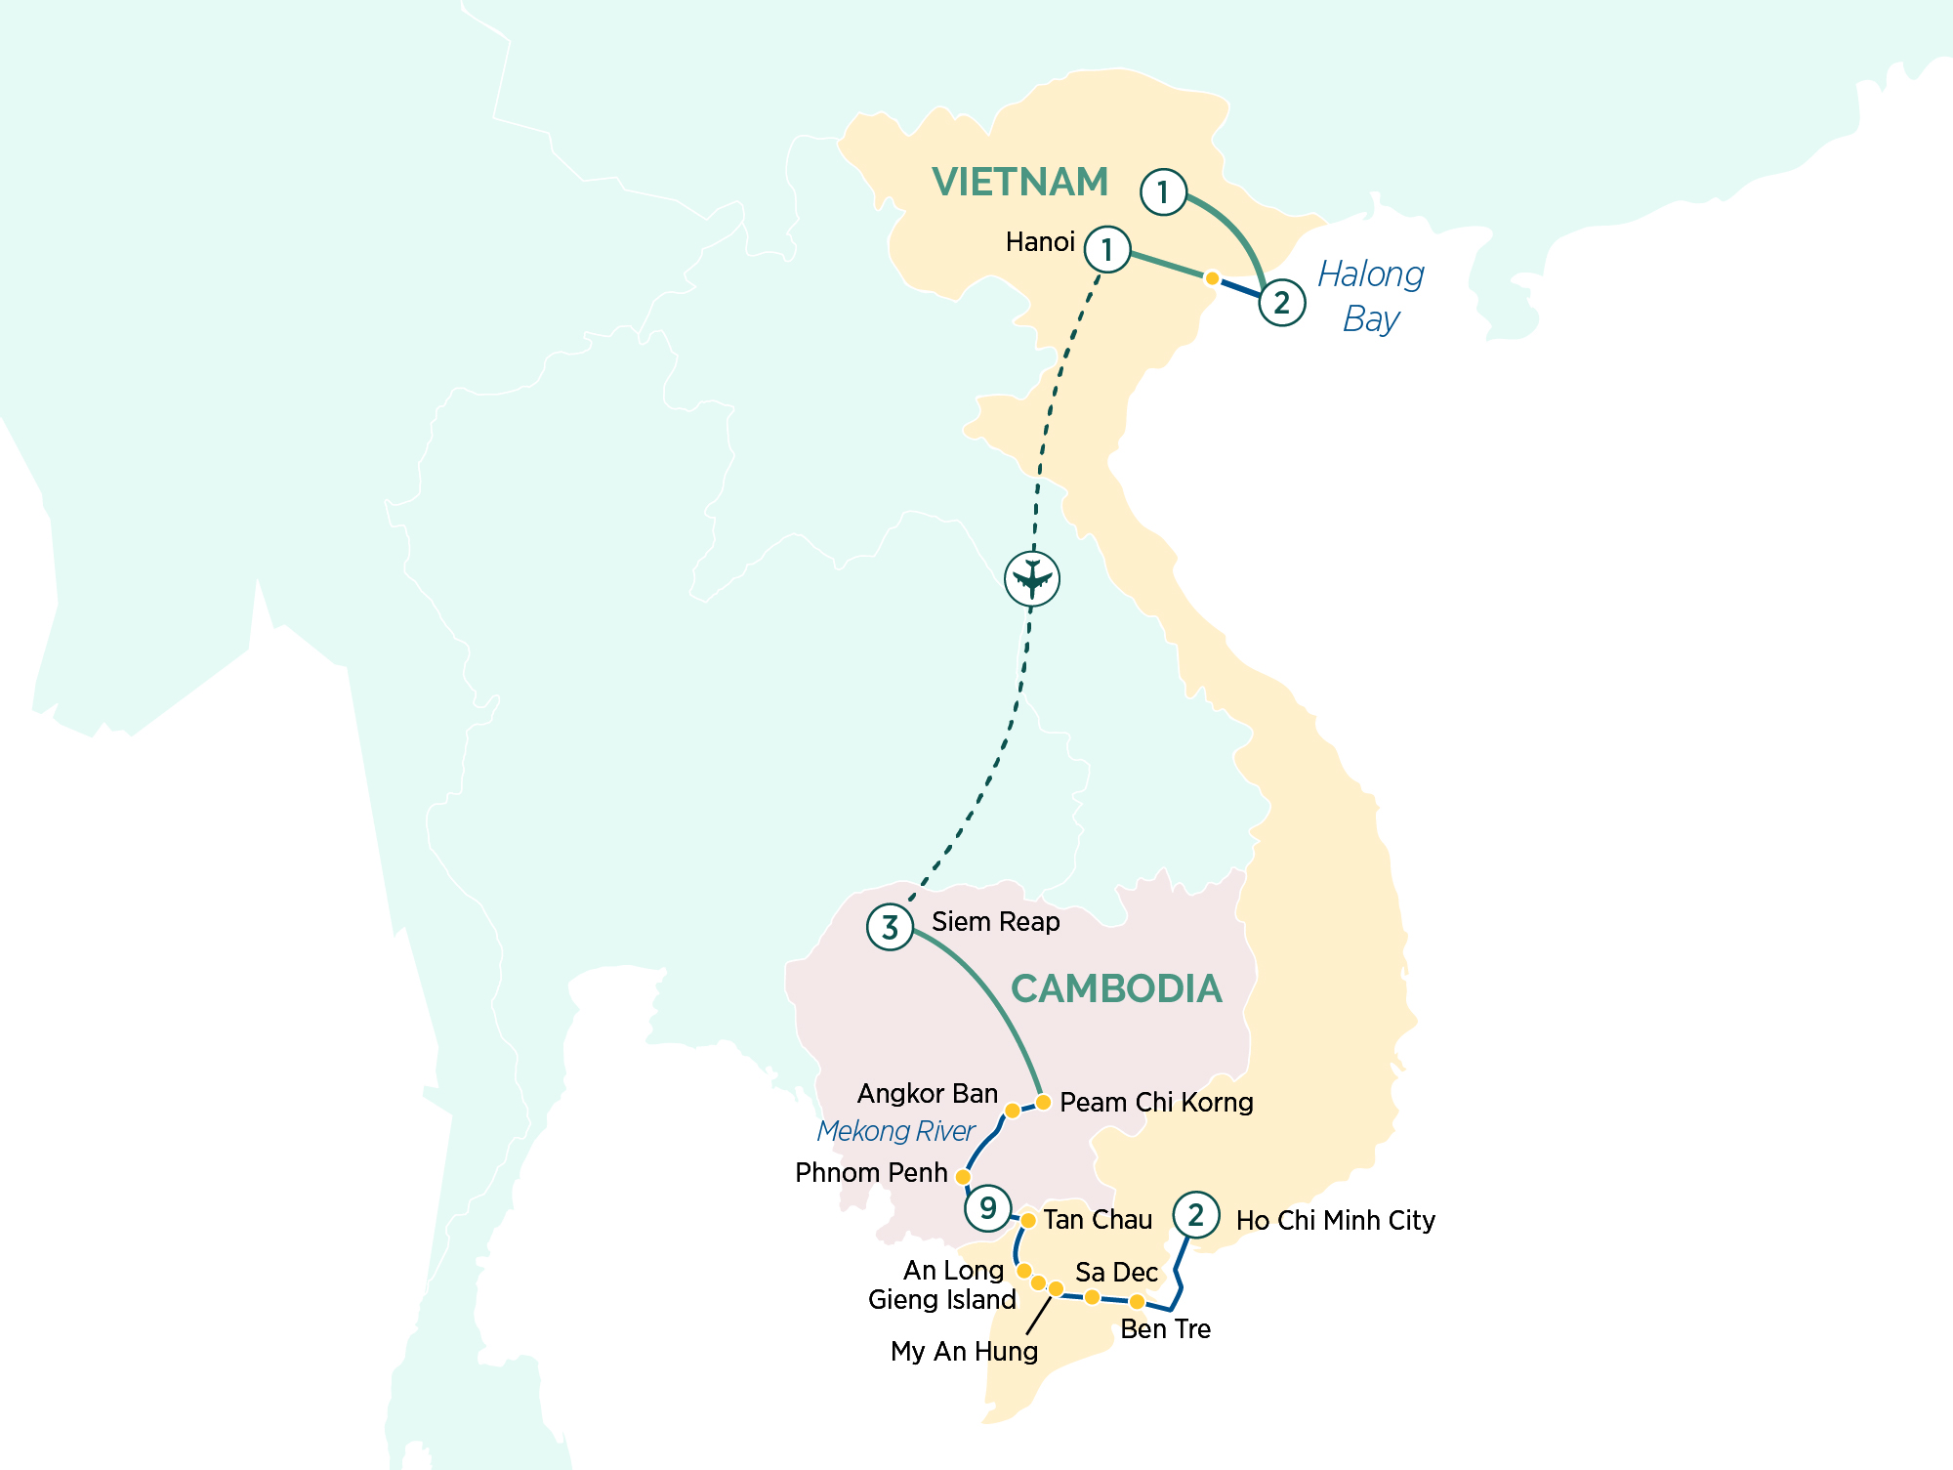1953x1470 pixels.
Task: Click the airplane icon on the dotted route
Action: tap(1032, 579)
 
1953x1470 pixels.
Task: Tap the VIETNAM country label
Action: tap(1019, 183)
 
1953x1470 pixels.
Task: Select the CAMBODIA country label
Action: tap(1116, 988)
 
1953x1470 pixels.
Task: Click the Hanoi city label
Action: tap(1040, 242)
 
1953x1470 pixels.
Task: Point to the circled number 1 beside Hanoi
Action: tap(1106, 251)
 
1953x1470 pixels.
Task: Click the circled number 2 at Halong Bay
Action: tap(1281, 303)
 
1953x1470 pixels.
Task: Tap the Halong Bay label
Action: tap(1371, 296)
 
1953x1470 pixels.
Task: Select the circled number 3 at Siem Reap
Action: tap(890, 927)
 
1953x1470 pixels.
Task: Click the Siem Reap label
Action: tap(995, 922)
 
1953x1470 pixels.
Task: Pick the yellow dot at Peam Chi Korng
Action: tap(1043, 1103)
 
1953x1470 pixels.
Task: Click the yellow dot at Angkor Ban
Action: tap(1013, 1111)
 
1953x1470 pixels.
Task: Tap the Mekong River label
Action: tap(895, 1131)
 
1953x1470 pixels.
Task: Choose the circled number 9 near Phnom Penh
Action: tap(987, 1209)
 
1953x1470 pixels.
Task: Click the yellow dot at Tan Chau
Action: tap(1027, 1221)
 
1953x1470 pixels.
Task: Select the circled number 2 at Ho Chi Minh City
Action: tap(1195, 1215)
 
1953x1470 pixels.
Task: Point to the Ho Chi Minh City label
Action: tap(1335, 1221)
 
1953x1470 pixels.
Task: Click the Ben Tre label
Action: tap(1165, 1329)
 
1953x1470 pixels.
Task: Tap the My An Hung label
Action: tap(964, 1352)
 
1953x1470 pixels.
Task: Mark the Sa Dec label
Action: tap(1116, 1273)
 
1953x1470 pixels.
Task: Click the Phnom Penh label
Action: tap(871, 1173)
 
